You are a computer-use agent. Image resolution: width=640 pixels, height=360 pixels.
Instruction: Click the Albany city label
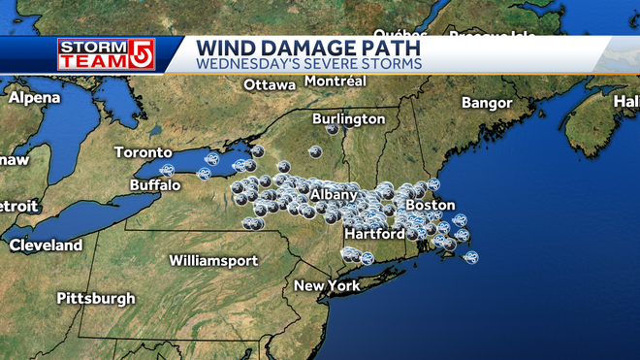(334, 195)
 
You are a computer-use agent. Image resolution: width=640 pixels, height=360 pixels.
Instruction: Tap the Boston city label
(430, 205)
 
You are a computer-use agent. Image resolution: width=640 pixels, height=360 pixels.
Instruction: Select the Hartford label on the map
(374, 234)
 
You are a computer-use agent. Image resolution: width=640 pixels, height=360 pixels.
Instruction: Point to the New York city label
(327, 285)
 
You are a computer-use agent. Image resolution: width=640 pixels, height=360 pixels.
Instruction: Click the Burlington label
(343, 118)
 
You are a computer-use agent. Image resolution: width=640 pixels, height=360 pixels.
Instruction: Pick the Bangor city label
(486, 102)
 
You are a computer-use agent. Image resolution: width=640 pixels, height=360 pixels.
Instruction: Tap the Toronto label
(143, 152)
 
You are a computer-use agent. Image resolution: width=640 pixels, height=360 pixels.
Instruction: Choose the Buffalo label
(155, 184)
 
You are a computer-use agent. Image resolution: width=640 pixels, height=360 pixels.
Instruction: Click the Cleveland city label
(46, 245)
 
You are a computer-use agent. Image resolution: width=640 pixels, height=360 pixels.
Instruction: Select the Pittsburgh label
(95, 297)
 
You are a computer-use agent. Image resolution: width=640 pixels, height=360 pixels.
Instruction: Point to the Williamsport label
(213, 260)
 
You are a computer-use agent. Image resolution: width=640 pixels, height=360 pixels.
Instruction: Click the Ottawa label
(269, 84)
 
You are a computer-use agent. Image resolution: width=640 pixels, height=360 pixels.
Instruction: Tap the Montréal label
(335, 82)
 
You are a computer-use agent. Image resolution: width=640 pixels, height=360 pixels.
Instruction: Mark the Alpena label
(35, 98)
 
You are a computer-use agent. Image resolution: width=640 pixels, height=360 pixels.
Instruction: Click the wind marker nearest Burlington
(333, 128)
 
